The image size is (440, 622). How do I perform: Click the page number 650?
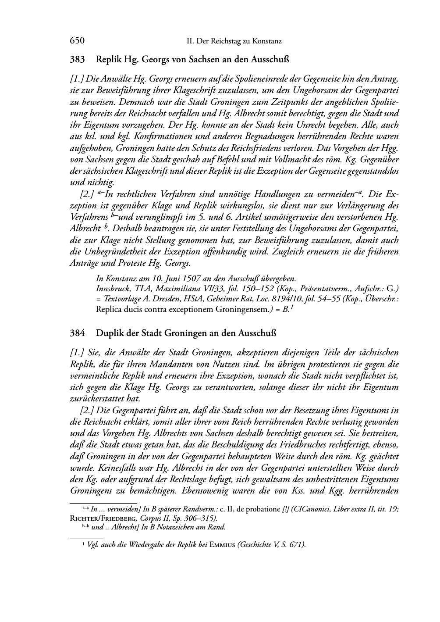click(x=77, y=41)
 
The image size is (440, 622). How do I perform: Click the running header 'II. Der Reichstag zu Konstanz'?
click(x=234, y=42)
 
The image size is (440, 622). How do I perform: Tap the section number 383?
click(x=77, y=59)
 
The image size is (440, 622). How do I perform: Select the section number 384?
click(x=77, y=333)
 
